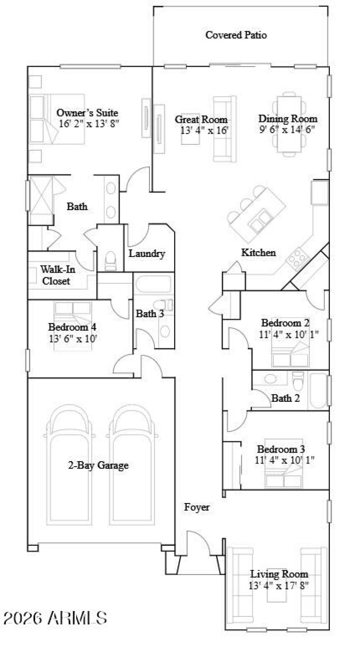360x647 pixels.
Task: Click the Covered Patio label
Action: click(x=236, y=35)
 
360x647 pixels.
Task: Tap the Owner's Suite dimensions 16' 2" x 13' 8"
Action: click(x=89, y=123)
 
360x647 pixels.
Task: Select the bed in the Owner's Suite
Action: click(x=57, y=119)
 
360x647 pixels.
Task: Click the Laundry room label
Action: click(x=147, y=254)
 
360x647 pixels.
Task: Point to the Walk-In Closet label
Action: click(x=56, y=275)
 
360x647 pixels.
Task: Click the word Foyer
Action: click(x=197, y=508)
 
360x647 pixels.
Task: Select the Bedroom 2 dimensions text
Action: click(x=285, y=334)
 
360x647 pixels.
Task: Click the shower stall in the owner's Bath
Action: click(x=40, y=200)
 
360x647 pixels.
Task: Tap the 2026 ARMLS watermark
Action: click(x=55, y=617)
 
